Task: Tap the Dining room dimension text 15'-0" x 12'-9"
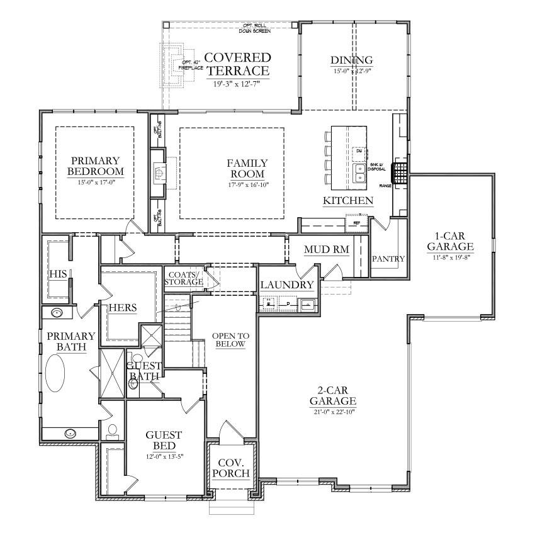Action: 352,71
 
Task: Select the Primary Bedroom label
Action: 96,166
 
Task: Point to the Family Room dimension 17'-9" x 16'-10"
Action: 247,185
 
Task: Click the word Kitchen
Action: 348,201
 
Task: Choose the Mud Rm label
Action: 326,250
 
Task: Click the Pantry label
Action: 388,259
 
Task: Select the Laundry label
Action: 287,285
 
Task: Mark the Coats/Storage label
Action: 184,278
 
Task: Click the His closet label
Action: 58,274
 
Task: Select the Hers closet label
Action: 122,308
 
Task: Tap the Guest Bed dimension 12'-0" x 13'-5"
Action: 164,456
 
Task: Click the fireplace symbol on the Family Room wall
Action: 159,170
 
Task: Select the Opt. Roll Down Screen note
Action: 255,28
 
